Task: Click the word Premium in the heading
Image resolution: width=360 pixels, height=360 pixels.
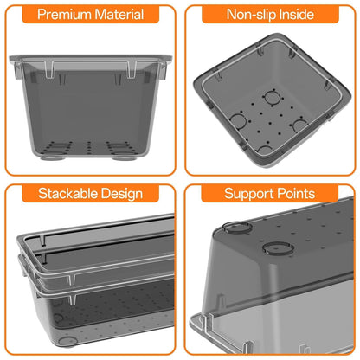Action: [64, 15]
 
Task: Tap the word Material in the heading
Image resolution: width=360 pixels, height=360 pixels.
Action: [119, 14]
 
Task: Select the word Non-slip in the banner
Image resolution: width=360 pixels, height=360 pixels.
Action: [249, 15]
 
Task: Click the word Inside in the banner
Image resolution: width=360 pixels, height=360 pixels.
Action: [294, 14]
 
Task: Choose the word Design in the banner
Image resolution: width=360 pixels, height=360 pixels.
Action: [122, 194]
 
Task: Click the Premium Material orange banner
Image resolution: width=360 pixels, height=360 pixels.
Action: [91, 14]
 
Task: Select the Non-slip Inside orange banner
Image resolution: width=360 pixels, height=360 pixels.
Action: [270, 14]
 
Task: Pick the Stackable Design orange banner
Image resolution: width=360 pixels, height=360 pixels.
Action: [90, 193]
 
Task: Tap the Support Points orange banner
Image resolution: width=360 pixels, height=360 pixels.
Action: [270, 193]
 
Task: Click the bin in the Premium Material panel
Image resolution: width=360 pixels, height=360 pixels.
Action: [91, 107]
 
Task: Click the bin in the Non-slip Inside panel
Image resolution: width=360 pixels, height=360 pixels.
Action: [272, 101]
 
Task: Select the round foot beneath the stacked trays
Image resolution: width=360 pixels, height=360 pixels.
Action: [67, 341]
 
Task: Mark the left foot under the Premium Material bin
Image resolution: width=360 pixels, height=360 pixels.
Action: [53, 157]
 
